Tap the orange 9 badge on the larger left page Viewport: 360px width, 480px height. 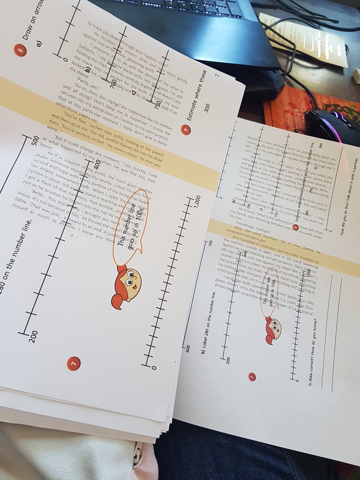(x=185, y=129)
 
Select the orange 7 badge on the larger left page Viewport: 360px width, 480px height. (x=74, y=363)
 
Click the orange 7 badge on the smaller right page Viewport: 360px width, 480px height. (x=252, y=376)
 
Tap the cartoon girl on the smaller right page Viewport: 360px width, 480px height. (x=274, y=330)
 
